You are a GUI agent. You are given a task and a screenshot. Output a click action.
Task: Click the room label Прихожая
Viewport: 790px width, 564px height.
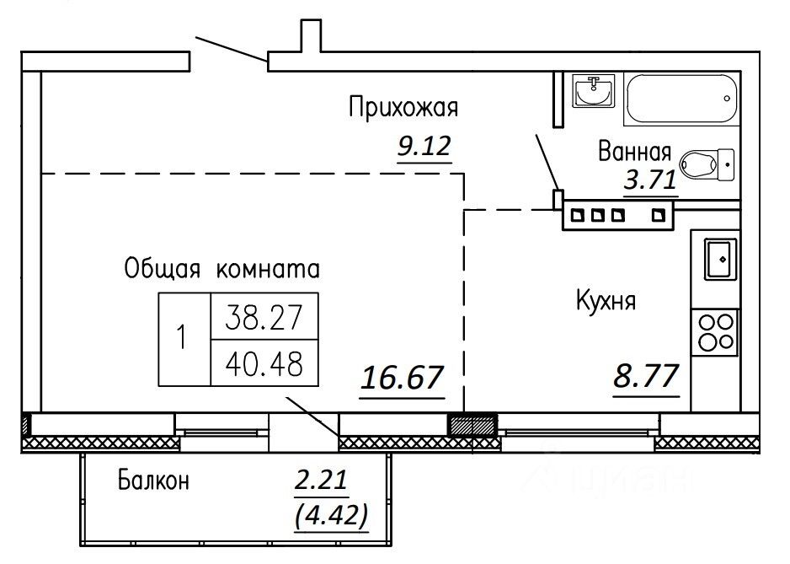(x=403, y=107)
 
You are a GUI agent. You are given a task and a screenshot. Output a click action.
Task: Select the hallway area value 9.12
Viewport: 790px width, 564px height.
(x=424, y=147)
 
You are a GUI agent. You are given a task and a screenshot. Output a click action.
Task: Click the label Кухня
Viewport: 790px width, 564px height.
(x=606, y=301)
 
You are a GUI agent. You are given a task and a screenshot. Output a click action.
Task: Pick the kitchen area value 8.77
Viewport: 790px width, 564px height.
(x=646, y=376)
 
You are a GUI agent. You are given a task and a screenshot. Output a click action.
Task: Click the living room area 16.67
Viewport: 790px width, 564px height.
(x=402, y=378)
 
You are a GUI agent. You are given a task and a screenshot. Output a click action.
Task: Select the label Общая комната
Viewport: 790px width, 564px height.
(x=222, y=270)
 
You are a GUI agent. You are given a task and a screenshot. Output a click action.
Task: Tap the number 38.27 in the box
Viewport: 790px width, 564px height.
(x=264, y=318)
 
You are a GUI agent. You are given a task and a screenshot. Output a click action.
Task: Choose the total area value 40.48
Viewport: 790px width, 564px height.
(x=264, y=363)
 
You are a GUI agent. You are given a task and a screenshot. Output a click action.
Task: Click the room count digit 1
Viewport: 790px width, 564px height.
(x=183, y=338)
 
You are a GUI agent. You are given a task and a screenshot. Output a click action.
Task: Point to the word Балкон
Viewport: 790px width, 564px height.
(x=153, y=481)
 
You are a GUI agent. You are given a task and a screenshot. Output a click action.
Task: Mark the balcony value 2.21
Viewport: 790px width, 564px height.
(x=321, y=480)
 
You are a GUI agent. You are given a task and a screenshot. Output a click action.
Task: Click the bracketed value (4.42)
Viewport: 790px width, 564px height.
(x=330, y=515)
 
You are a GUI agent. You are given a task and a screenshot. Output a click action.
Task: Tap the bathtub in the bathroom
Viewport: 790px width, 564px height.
(x=681, y=99)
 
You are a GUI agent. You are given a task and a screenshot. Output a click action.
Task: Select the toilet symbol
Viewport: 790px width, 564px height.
(x=707, y=165)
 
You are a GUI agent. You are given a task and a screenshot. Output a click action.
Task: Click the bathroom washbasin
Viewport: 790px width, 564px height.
(x=594, y=91)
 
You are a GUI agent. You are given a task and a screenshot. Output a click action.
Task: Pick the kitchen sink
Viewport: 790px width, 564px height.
(x=720, y=260)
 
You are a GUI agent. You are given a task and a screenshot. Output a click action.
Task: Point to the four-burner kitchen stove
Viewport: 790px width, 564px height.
(x=714, y=333)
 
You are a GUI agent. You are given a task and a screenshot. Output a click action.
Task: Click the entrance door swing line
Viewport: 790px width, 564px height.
(x=232, y=50)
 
